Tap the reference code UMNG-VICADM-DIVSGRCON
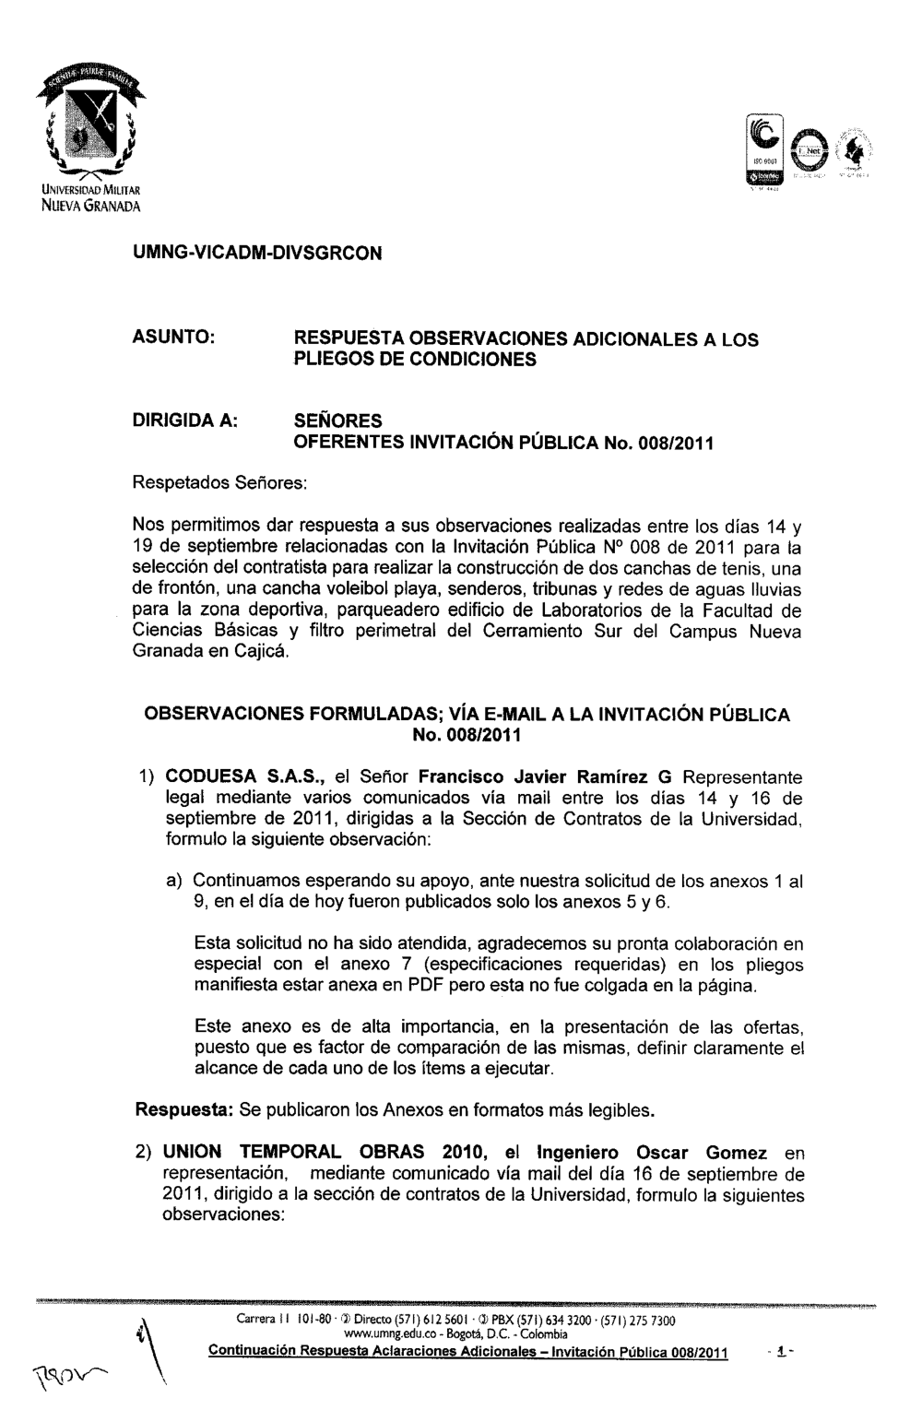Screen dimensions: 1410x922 [258, 252]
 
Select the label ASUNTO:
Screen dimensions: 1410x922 [175, 340]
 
